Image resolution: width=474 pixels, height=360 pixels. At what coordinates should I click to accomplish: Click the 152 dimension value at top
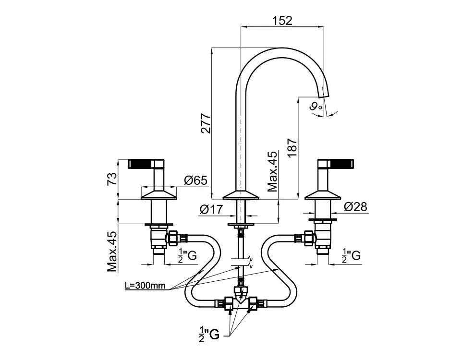282,20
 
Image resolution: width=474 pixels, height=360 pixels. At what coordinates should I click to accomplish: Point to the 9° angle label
315,107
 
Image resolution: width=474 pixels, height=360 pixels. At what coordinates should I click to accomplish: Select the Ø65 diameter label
195,180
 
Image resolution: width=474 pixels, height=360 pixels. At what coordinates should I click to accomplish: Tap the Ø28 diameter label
355,207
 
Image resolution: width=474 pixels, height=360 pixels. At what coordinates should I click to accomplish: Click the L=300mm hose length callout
145,286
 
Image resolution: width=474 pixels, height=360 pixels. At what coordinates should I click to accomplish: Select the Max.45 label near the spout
273,171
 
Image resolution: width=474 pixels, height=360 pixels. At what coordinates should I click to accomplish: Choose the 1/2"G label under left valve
187,256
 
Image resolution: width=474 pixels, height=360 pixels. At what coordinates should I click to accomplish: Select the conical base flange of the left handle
159,194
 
